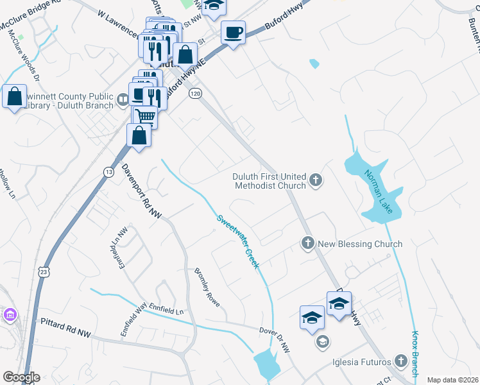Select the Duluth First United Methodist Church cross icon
click(315, 180)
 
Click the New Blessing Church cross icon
click(307, 244)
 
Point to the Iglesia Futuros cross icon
click(401, 361)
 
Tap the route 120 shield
click(195, 94)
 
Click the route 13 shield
click(108, 171)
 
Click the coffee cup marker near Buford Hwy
click(233, 32)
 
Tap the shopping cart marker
click(146, 117)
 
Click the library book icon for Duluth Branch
click(123, 100)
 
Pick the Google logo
click(21, 377)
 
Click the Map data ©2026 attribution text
click(452, 380)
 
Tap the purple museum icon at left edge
click(9, 315)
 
